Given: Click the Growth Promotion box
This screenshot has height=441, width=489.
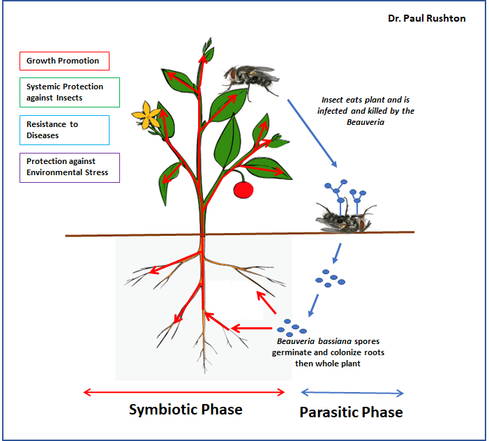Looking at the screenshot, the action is click(x=65, y=61).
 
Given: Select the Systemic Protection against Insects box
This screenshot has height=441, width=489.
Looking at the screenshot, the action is click(x=70, y=92).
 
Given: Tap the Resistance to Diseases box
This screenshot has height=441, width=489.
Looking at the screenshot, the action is click(x=65, y=130).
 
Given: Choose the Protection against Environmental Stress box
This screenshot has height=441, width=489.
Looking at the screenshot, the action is click(x=70, y=167).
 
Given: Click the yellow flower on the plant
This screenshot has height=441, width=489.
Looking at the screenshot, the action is click(x=146, y=115).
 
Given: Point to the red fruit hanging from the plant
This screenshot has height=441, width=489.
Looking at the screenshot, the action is click(x=243, y=189).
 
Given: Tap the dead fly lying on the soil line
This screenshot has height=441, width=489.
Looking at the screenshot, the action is click(x=345, y=218).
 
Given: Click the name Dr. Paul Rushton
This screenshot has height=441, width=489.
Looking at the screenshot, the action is click(x=427, y=18).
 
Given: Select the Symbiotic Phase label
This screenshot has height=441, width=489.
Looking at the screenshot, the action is click(x=186, y=410).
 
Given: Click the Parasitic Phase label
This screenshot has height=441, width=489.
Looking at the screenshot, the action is click(x=351, y=412).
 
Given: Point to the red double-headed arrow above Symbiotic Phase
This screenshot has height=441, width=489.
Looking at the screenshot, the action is click(x=184, y=392).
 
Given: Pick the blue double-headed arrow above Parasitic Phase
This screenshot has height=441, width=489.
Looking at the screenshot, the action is click(x=352, y=393).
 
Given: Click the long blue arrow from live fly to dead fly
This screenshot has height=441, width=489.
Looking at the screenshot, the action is click(x=313, y=133).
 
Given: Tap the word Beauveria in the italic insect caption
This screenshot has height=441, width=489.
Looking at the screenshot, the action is click(x=366, y=122).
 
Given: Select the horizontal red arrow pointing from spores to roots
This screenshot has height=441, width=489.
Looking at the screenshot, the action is click(x=251, y=328).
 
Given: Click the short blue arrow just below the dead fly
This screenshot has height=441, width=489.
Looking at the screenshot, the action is click(x=337, y=253).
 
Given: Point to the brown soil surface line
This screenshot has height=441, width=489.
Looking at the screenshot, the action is click(x=239, y=234).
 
